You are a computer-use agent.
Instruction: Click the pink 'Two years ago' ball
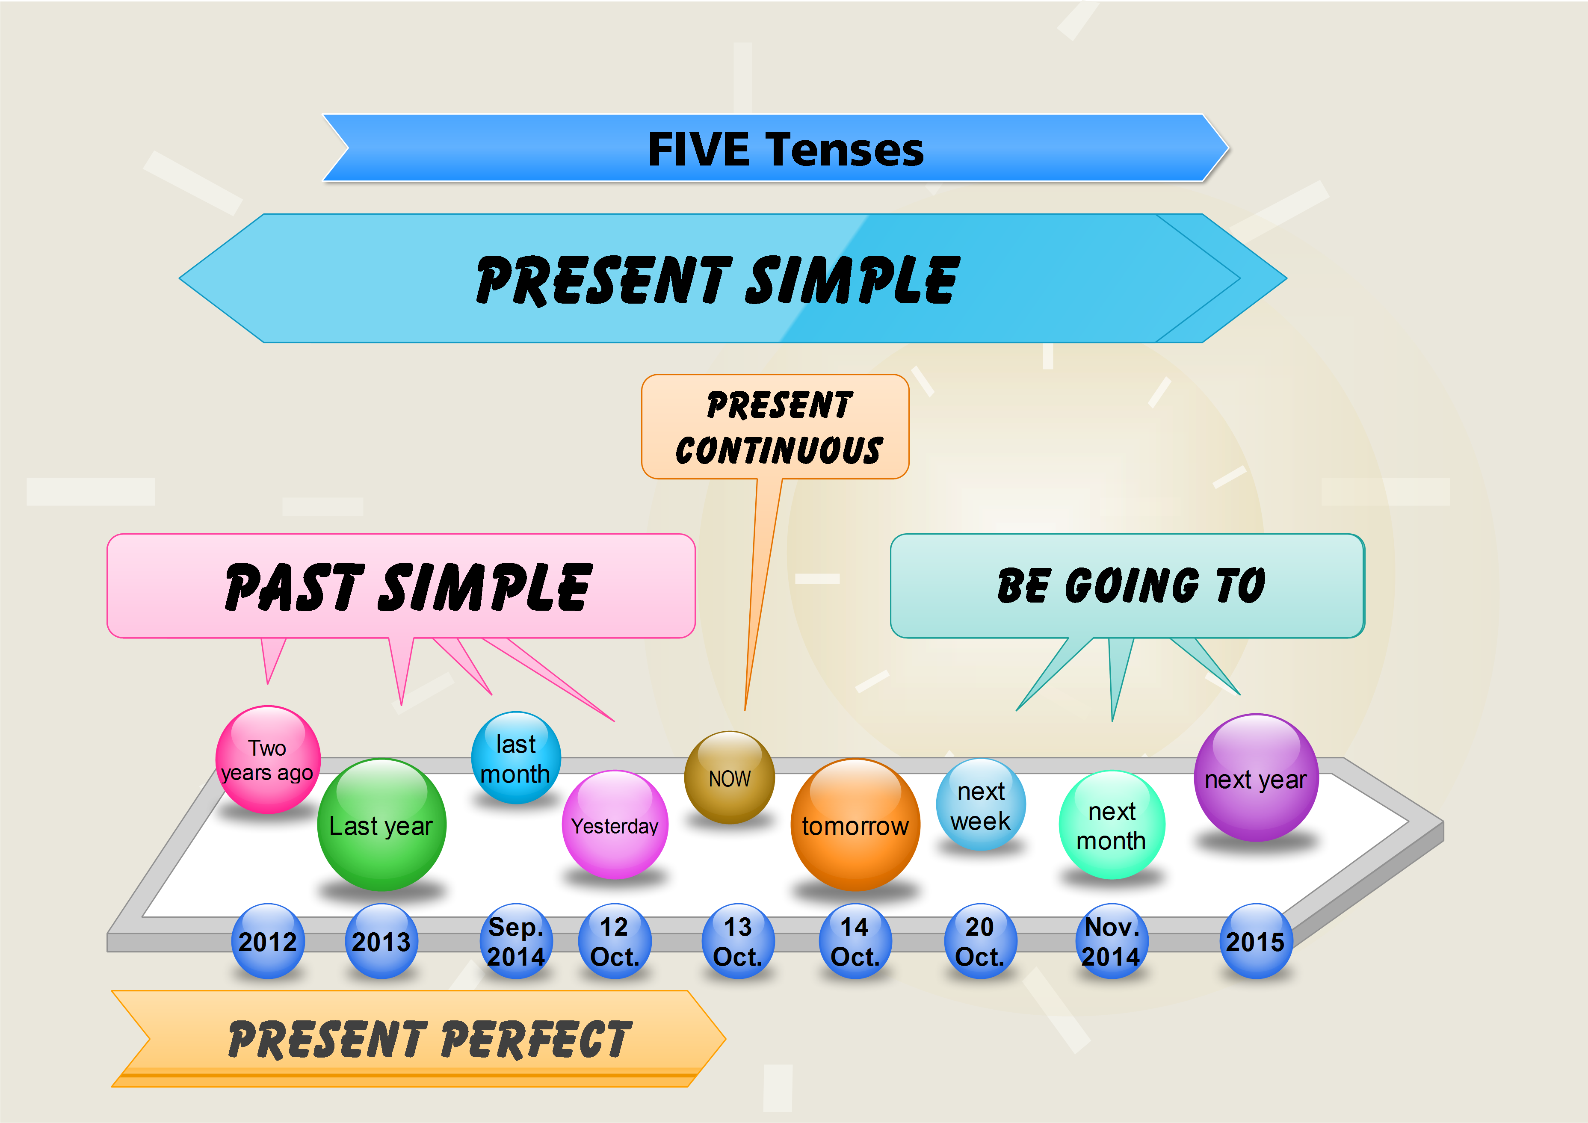[268, 759]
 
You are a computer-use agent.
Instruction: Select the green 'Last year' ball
[382, 824]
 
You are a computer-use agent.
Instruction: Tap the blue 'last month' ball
[516, 758]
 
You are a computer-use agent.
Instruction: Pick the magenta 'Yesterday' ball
[615, 825]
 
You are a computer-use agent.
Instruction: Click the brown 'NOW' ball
[730, 777]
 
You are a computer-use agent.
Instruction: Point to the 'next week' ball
[981, 804]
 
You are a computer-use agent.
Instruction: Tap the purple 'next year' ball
[1256, 778]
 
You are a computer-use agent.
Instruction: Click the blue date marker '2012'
[268, 941]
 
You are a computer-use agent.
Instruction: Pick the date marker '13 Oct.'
[738, 941]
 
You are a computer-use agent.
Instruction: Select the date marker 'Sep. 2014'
[516, 941]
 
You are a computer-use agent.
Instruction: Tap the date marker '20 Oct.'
[981, 941]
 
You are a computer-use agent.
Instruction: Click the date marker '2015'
[1255, 941]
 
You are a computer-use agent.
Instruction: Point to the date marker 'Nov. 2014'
[1112, 941]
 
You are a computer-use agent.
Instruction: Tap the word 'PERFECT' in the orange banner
[535, 1039]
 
